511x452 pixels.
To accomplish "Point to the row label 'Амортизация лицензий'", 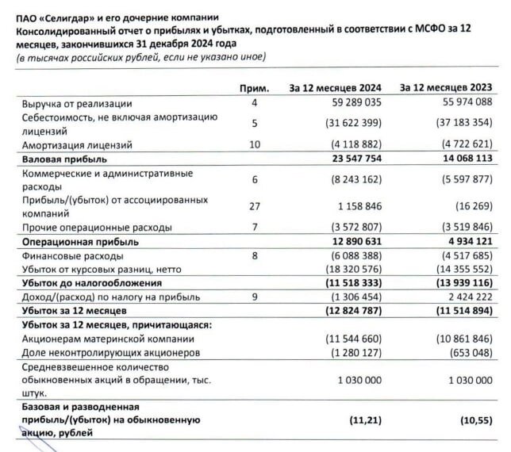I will pyautogui.click(x=77, y=145).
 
